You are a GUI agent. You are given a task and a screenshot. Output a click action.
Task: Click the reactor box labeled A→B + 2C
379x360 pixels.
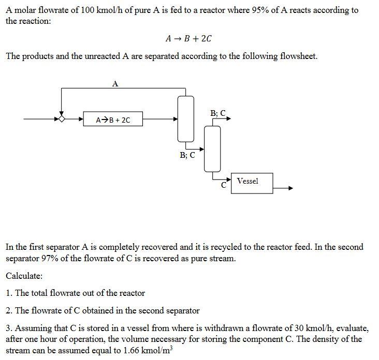[x=113, y=120]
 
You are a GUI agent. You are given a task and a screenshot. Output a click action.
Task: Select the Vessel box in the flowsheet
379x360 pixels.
[x=252, y=183]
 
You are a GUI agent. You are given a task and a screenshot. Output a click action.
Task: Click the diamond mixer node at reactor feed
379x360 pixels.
[x=61, y=119]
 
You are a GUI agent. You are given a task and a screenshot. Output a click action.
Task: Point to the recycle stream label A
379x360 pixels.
[x=115, y=83]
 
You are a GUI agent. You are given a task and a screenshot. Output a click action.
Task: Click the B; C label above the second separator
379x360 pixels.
[x=218, y=113]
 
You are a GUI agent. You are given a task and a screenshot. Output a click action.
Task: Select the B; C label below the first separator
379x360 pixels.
[x=187, y=155]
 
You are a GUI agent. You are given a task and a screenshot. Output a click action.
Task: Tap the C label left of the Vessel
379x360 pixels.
[x=224, y=185]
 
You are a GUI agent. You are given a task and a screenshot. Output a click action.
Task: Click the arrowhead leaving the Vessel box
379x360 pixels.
[x=291, y=188]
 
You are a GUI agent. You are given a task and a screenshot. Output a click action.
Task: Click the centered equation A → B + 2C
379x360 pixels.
[x=188, y=39]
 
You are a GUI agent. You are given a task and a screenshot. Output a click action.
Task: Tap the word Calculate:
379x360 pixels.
[x=24, y=276]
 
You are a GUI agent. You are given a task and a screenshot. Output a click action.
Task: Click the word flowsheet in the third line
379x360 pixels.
[x=297, y=56]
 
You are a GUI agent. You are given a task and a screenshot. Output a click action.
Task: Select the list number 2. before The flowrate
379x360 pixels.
[x=9, y=310]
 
